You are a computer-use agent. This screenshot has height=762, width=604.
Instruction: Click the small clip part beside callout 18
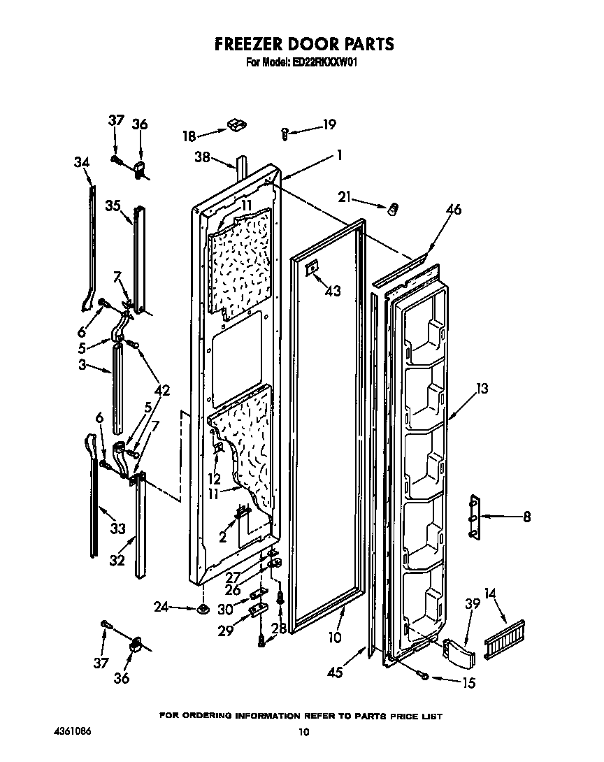pos(235,126)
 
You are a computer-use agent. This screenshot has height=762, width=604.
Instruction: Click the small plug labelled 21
pos(394,208)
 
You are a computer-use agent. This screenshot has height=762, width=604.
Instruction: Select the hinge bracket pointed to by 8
pos(475,517)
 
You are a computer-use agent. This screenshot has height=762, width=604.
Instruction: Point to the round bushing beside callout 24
pos(203,610)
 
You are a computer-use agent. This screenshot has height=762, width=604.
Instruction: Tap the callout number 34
pos(82,162)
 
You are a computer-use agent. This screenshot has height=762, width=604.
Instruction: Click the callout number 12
pos(214,480)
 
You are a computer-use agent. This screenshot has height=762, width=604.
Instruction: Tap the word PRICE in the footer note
pos(398,717)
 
